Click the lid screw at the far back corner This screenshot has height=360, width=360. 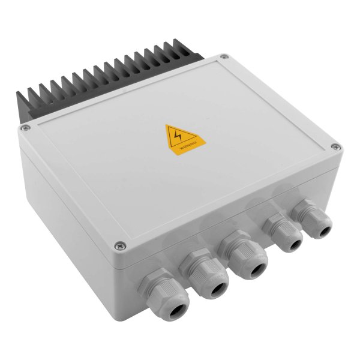click(224, 57)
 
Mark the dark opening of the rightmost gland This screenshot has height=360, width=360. click(324, 229)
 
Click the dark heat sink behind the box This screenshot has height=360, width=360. click(90, 84)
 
